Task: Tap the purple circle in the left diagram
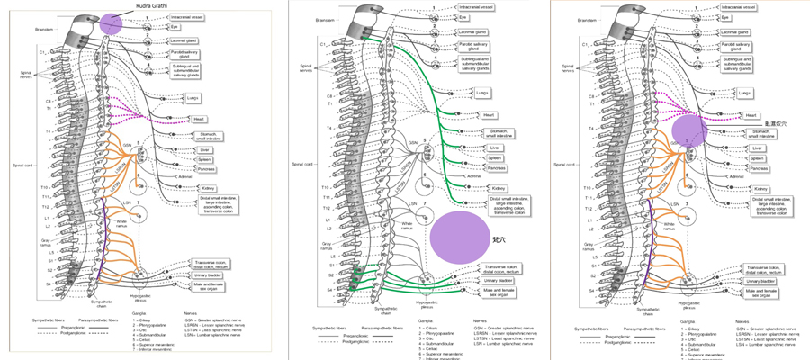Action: point(111,24)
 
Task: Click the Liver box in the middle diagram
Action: point(494,148)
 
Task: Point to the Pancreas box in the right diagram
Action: point(760,168)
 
